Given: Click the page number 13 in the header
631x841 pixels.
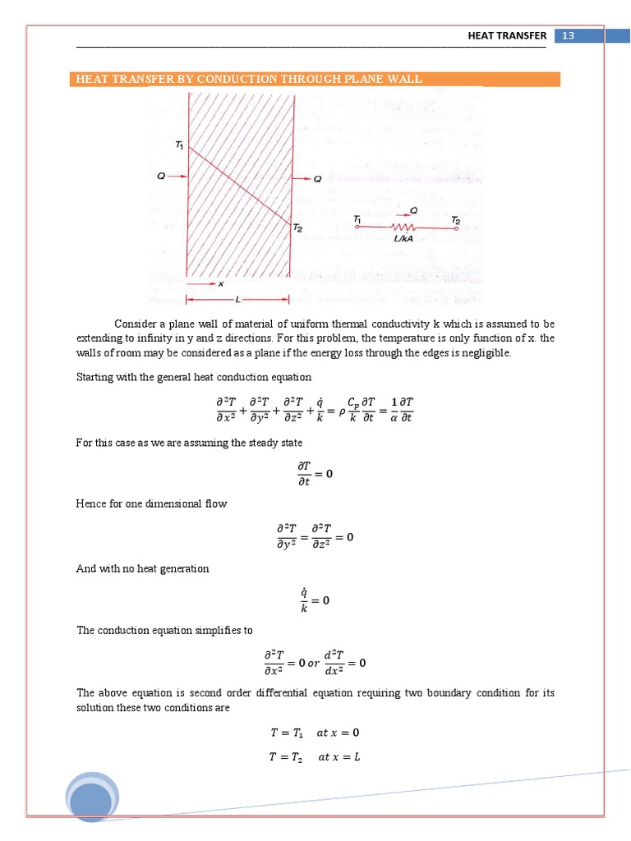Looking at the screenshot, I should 568,35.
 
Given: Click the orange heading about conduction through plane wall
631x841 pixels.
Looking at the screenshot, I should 249,80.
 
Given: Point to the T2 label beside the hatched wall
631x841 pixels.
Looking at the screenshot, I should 299,229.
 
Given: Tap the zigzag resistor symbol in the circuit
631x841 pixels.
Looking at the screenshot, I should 403,226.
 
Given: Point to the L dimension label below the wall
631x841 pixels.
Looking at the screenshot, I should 237,298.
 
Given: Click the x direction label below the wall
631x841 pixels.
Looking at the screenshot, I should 220,284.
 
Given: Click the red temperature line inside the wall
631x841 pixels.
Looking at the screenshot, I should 238,185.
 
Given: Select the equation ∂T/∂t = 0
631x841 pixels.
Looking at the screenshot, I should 315,475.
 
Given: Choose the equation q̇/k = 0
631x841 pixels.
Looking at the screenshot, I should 315,600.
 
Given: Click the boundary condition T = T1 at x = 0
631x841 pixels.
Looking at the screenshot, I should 315,733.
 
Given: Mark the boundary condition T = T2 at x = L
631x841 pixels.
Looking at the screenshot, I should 315,757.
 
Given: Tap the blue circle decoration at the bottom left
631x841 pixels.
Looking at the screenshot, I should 92,800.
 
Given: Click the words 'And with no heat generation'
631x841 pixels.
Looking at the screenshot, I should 142,568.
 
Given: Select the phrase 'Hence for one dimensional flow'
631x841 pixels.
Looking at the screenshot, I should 151,503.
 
